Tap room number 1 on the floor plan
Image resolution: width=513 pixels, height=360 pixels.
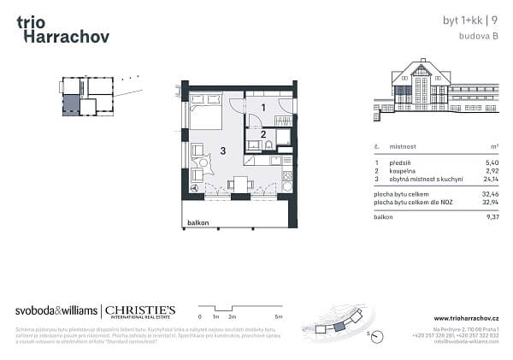coord(263,108)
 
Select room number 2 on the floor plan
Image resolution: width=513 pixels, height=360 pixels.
coord(263,133)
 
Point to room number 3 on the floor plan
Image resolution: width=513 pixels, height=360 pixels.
coord(222,151)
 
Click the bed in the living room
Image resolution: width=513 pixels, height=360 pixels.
coord(206,112)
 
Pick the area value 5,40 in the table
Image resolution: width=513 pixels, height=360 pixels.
coord(492,162)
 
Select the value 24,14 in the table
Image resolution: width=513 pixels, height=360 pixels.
coord(491,178)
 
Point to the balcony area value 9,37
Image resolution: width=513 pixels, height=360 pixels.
coord(492,217)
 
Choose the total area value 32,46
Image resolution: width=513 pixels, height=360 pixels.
coord(491,194)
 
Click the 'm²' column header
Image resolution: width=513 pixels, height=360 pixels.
coord(493,147)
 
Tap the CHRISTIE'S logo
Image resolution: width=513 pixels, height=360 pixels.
coord(141,310)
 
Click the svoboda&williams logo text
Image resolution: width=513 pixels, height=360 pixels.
coord(56,310)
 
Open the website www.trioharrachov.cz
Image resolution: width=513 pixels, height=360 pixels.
coord(466,319)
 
